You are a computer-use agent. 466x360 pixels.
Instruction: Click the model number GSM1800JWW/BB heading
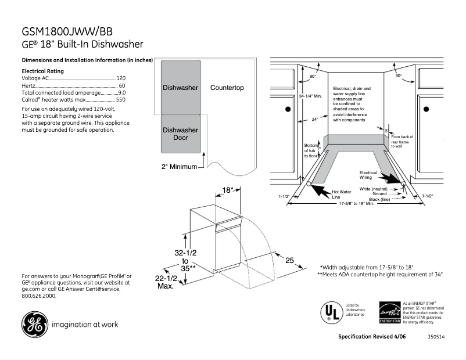click(x=67, y=31)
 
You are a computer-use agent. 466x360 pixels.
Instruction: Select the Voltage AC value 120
click(x=121, y=78)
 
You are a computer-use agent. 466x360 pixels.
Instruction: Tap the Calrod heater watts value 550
click(x=120, y=100)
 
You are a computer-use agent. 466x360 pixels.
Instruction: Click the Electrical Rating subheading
click(x=42, y=71)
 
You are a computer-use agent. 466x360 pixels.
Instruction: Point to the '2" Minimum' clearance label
click(x=179, y=167)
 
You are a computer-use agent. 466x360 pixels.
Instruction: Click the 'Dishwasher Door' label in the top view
click(x=181, y=134)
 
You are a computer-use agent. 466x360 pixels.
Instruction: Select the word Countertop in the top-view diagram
click(x=227, y=88)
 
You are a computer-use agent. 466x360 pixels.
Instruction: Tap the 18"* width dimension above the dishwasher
click(x=228, y=190)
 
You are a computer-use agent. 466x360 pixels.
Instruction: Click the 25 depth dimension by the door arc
click(x=289, y=261)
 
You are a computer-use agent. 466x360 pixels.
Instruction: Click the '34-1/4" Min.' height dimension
click(x=310, y=96)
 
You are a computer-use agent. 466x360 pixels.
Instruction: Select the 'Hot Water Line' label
click(x=340, y=195)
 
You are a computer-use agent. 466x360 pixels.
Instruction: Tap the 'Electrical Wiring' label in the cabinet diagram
click(x=368, y=175)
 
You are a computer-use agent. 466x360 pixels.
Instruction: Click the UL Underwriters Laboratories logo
click(x=331, y=312)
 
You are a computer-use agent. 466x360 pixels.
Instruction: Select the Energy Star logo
click(x=389, y=312)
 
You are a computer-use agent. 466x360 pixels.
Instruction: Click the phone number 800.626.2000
click(x=39, y=296)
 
